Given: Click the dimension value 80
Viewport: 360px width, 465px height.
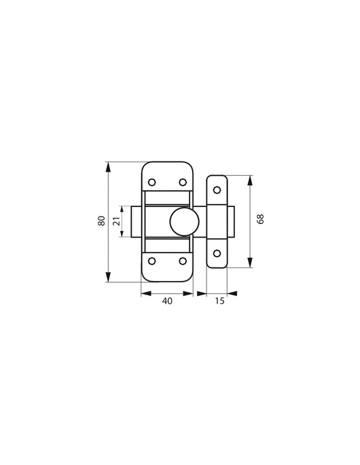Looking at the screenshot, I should (x=101, y=221).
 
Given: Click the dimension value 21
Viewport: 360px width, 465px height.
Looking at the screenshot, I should (x=117, y=221).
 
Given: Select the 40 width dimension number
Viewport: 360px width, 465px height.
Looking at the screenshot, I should (x=167, y=301).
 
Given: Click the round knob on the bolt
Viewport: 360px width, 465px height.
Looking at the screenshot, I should (x=183, y=221).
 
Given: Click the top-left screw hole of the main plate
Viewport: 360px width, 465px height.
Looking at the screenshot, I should (x=152, y=182).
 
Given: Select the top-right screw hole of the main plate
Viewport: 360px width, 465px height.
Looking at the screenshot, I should (x=183, y=182).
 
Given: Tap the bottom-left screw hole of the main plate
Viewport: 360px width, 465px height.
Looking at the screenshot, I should (x=152, y=261).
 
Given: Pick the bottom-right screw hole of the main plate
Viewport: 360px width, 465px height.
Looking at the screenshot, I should (x=183, y=261).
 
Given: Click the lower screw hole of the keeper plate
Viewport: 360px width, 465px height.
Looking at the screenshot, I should (x=217, y=253).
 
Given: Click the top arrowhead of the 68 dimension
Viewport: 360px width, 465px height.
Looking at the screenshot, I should (x=251, y=179).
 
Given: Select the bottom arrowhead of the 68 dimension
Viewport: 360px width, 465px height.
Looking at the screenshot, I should (x=251, y=264).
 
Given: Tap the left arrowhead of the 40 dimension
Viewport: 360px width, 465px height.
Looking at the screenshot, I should (x=144, y=293).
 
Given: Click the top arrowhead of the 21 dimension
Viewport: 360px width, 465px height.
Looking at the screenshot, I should (x=123, y=208).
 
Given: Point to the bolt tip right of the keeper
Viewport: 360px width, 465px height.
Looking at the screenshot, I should (x=231, y=221).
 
